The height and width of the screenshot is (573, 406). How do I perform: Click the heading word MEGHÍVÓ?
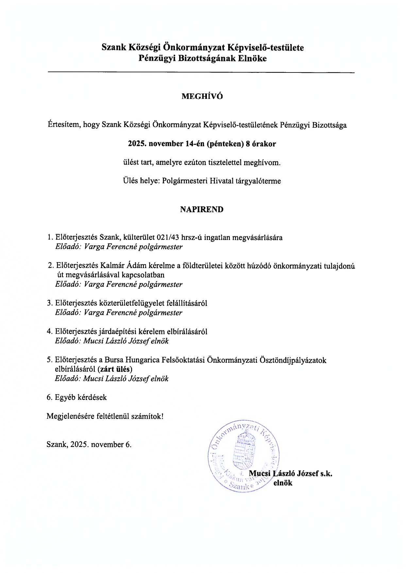coord(202,96)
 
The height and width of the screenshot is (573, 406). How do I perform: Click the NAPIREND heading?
coord(202,210)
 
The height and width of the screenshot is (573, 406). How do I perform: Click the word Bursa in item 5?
coord(114,360)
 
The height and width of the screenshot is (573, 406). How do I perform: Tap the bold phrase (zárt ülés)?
coord(115,369)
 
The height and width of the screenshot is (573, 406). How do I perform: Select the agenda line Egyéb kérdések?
coord(77,397)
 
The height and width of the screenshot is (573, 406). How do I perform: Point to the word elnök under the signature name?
coord(283,483)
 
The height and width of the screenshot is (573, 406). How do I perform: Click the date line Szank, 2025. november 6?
coord(89,444)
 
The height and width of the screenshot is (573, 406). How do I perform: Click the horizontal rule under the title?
coord(201,72)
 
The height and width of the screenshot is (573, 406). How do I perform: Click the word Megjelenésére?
coord(71,416)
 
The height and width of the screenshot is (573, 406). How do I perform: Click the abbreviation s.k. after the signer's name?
coord(326,473)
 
